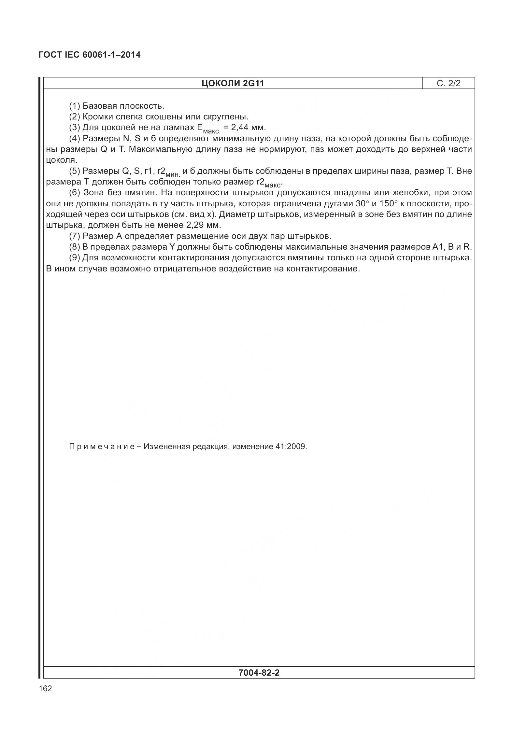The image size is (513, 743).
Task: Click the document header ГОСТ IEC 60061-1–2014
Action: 90,55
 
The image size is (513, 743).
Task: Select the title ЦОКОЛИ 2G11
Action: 233,84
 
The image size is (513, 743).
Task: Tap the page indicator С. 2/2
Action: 449,84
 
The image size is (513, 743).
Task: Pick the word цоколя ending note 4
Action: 61,160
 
